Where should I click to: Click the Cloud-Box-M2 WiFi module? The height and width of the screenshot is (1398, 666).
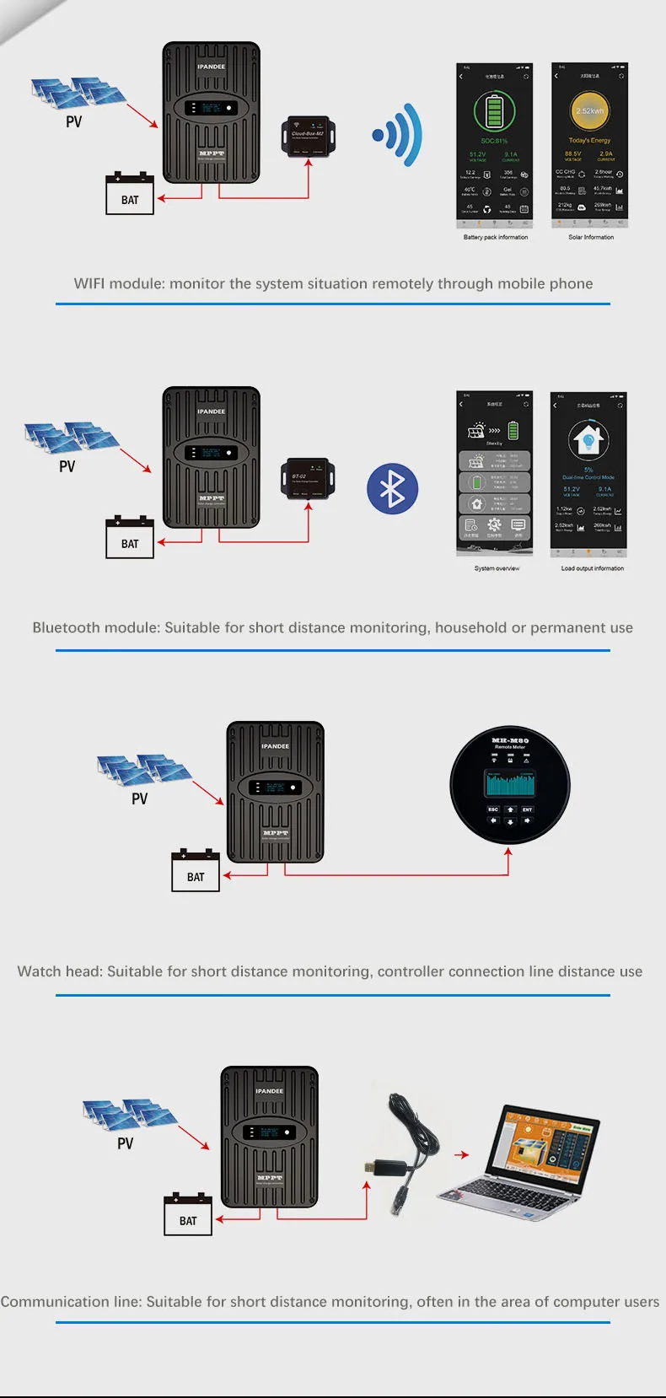click(x=308, y=137)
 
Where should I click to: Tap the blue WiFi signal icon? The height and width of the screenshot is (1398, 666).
click(x=398, y=135)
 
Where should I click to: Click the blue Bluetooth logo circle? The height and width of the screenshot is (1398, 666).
click(x=392, y=488)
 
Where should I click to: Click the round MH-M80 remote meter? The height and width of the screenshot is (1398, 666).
click(x=510, y=785)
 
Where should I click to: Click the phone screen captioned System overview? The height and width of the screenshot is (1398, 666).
click(x=495, y=474)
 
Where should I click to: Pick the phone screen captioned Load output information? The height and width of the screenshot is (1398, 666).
click(x=588, y=474)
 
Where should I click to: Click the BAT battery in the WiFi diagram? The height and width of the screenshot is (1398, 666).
click(x=130, y=195)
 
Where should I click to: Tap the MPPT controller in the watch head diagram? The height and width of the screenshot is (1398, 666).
click(x=275, y=791)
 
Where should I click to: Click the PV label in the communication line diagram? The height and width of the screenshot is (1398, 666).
click(x=125, y=1143)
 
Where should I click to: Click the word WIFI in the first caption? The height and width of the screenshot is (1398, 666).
click(x=89, y=283)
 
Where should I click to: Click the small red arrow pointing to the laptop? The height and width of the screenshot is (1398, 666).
click(x=460, y=1155)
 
